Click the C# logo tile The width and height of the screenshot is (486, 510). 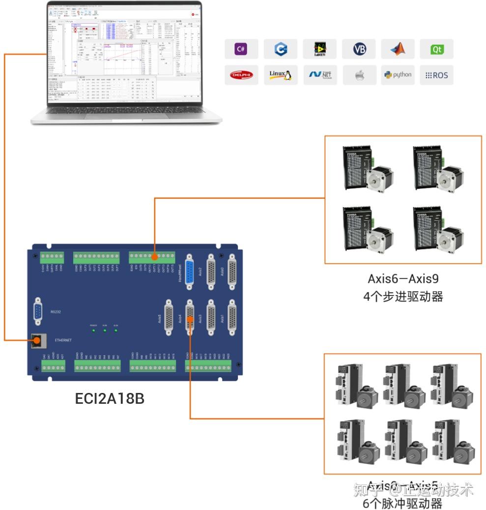coord(241,49)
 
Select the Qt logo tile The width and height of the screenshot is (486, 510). coord(436,49)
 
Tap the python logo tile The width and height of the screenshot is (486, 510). coord(397,75)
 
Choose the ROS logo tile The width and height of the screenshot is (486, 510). coord(436,75)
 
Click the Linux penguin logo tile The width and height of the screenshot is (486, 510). coord(280,75)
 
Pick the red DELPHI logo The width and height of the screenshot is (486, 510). coord(241,75)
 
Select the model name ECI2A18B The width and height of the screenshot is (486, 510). coord(110,398)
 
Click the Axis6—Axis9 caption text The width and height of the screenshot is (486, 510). coord(402,279)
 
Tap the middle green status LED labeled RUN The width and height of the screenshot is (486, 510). coord(105,330)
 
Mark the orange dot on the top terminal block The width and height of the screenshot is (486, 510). coord(154,257)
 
